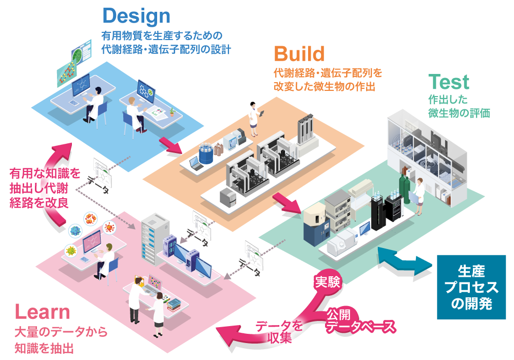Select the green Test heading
(x=448, y=82)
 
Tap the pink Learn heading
(x=42, y=311)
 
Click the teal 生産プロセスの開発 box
(x=471, y=287)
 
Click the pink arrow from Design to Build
(x=170, y=145)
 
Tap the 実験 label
(x=327, y=282)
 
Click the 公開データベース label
(x=361, y=321)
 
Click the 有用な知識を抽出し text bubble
(x=45, y=186)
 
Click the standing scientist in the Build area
(x=254, y=120)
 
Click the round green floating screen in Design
(x=79, y=53)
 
